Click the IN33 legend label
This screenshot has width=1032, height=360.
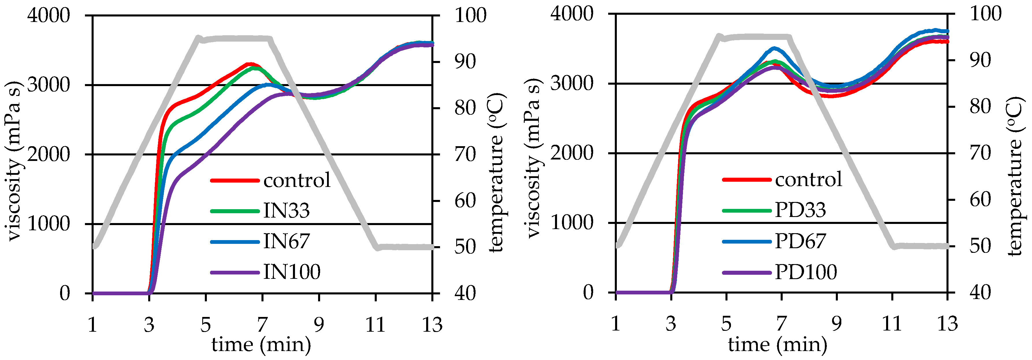(286, 211)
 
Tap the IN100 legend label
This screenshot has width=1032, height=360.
(292, 272)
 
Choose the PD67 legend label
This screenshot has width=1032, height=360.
(800, 241)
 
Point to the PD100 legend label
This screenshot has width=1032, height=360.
(806, 272)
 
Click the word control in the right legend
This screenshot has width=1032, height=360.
(808, 179)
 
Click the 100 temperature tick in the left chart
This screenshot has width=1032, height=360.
(470, 16)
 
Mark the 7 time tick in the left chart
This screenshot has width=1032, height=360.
(262, 325)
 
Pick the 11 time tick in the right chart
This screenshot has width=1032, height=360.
(892, 324)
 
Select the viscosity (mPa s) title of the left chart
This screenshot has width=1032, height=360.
(14, 160)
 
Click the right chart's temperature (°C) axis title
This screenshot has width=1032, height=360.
(1015, 176)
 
